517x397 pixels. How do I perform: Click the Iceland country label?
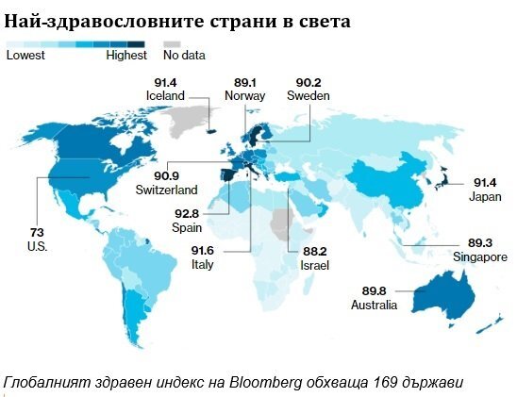165,96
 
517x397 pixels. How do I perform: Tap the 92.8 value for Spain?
187,214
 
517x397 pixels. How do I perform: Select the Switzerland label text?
166,190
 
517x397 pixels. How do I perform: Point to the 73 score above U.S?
37,233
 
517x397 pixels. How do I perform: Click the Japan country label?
485,197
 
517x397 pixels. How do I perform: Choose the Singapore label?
480,257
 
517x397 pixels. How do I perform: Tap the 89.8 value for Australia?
374,291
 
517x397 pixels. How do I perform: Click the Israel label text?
314,265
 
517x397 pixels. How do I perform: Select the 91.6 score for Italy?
203,251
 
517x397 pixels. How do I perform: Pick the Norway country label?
245,96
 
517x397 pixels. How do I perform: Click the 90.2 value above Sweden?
309,82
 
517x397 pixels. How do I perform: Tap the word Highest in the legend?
126,55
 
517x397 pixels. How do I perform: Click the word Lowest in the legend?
25,55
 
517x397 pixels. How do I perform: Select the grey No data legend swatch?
172,44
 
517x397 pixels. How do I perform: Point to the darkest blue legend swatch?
136,44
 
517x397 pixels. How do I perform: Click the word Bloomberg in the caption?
265,383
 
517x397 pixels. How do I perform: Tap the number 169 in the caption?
386,383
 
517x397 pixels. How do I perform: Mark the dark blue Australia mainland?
443,294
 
